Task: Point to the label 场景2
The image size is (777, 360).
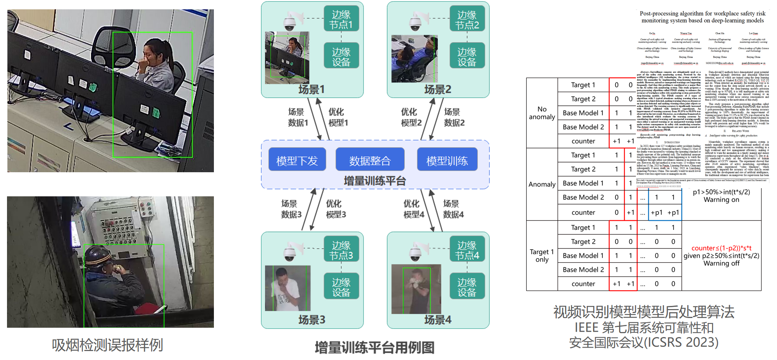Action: (x=437, y=89)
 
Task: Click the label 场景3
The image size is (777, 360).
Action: (x=311, y=320)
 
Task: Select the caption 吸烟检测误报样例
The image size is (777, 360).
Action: (x=107, y=345)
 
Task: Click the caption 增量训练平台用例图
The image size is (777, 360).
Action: (x=374, y=347)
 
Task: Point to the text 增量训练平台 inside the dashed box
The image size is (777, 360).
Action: (x=374, y=181)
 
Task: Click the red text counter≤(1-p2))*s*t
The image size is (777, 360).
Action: (x=721, y=248)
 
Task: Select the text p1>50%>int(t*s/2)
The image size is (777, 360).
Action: (x=721, y=192)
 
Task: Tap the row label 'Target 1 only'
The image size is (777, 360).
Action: (x=542, y=255)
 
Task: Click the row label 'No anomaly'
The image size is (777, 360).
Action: (x=542, y=113)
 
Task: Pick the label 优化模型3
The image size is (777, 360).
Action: (x=336, y=209)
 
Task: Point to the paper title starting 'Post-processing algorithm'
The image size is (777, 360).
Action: (x=702, y=17)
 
